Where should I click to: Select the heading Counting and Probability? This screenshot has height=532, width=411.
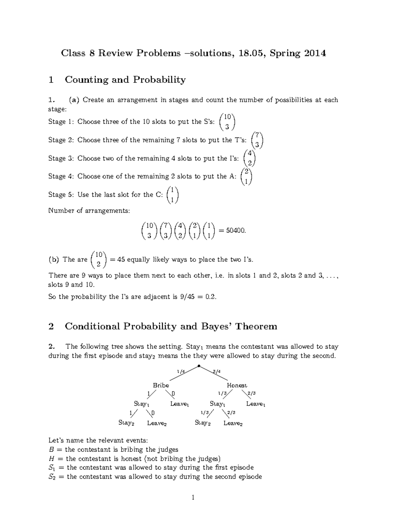click(x=125, y=80)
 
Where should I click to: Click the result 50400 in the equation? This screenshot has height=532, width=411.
click(x=236, y=231)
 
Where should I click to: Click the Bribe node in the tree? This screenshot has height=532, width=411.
click(x=161, y=385)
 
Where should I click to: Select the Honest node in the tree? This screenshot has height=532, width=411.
click(x=237, y=385)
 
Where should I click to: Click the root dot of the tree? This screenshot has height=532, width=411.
click(x=199, y=366)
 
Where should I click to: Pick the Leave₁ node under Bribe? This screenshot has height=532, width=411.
click(x=179, y=404)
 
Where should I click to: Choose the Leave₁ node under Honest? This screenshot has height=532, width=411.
click(x=256, y=404)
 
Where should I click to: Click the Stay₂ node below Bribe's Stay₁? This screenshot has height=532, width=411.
click(x=126, y=423)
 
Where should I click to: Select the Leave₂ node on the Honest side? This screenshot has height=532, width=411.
click(x=233, y=423)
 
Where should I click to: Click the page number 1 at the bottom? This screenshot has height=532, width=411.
click(x=193, y=497)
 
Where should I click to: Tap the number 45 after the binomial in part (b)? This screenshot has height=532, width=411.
click(x=121, y=260)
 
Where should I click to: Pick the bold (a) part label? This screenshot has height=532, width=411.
click(x=74, y=100)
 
